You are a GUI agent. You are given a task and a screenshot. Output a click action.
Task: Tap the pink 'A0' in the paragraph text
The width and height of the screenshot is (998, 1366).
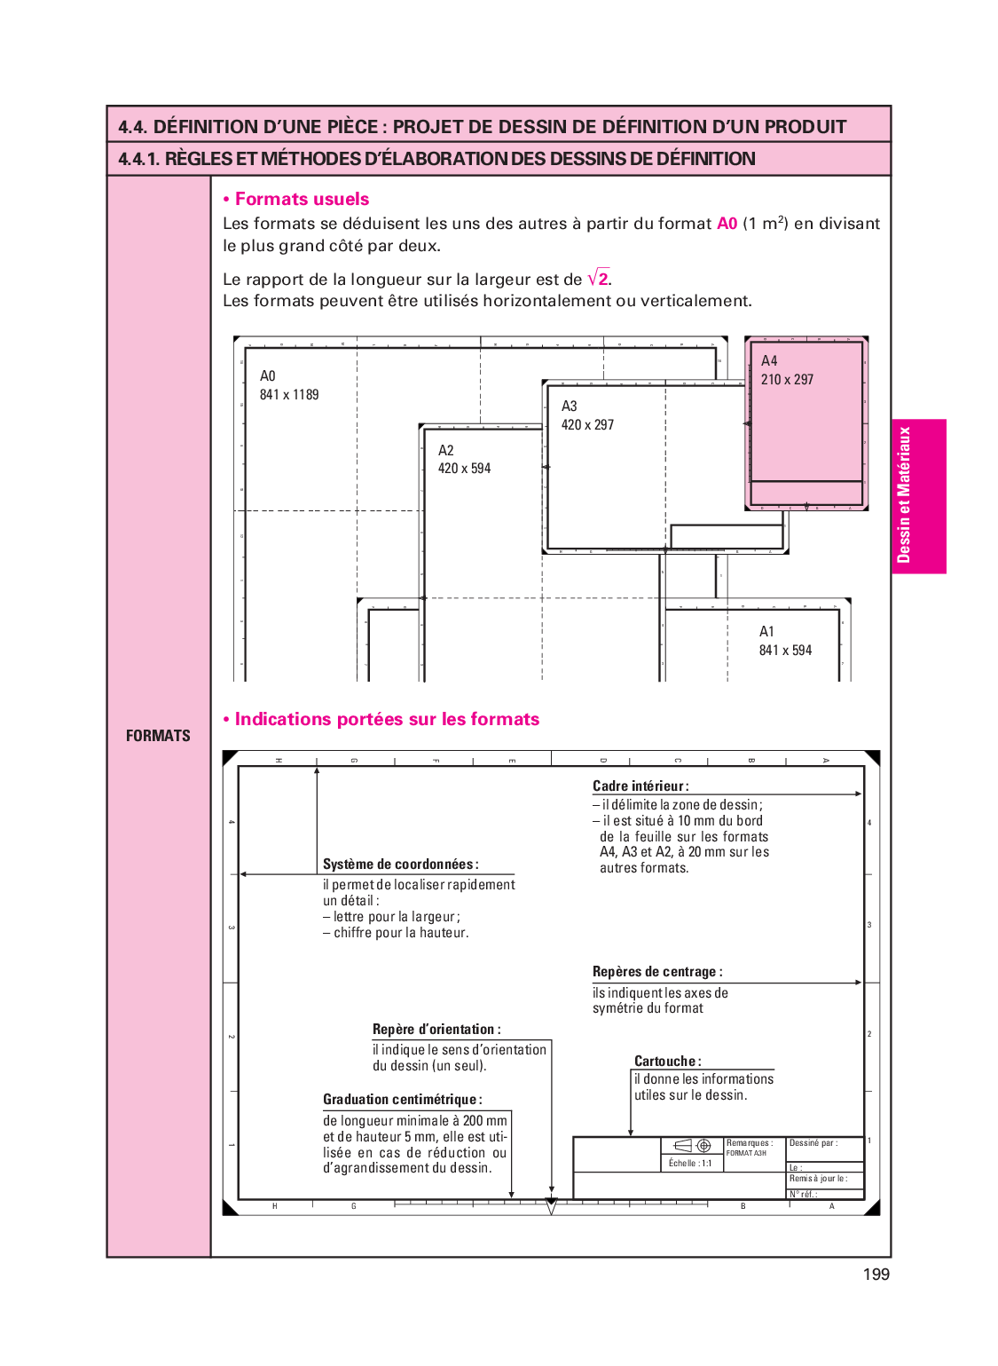click(727, 224)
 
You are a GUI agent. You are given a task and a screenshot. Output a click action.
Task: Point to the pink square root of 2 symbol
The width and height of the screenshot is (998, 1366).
click(599, 279)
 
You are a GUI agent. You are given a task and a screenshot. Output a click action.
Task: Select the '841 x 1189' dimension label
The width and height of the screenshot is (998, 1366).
click(289, 395)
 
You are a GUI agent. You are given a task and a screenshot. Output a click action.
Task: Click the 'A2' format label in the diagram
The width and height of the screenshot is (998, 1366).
click(445, 451)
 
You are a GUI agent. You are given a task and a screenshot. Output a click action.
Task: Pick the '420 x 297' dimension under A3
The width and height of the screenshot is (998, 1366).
click(587, 425)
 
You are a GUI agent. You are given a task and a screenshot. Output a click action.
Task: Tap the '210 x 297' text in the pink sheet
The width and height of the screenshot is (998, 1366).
click(787, 380)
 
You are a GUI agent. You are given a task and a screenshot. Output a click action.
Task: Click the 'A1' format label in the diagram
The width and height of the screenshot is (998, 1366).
click(766, 632)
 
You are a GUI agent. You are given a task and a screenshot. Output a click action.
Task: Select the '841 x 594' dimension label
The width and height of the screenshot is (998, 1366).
click(785, 651)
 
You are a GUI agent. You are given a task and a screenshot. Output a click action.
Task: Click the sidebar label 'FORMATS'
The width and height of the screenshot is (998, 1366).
click(158, 736)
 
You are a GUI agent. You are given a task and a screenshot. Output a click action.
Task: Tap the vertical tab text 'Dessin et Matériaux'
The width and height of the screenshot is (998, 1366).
click(904, 495)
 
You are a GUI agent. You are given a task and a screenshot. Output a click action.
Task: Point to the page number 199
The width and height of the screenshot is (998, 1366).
click(876, 1275)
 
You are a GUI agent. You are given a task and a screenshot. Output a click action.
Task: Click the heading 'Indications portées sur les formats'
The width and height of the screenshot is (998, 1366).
click(387, 720)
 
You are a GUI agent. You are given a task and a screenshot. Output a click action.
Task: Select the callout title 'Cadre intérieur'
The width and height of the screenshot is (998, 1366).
click(640, 786)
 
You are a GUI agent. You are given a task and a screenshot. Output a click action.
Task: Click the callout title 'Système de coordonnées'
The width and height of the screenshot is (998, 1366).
click(400, 865)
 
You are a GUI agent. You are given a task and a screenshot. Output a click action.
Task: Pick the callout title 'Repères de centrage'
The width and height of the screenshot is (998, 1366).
click(656, 972)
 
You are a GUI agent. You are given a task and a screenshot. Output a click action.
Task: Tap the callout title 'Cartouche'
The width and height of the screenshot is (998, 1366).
click(667, 1062)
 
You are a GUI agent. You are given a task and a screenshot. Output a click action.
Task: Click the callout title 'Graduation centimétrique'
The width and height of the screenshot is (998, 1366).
click(402, 1100)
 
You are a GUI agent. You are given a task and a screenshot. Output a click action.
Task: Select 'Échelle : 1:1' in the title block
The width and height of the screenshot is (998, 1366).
click(690, 1164)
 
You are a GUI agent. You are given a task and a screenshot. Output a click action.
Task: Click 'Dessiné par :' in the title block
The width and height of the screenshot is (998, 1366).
click(813, 1143)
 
